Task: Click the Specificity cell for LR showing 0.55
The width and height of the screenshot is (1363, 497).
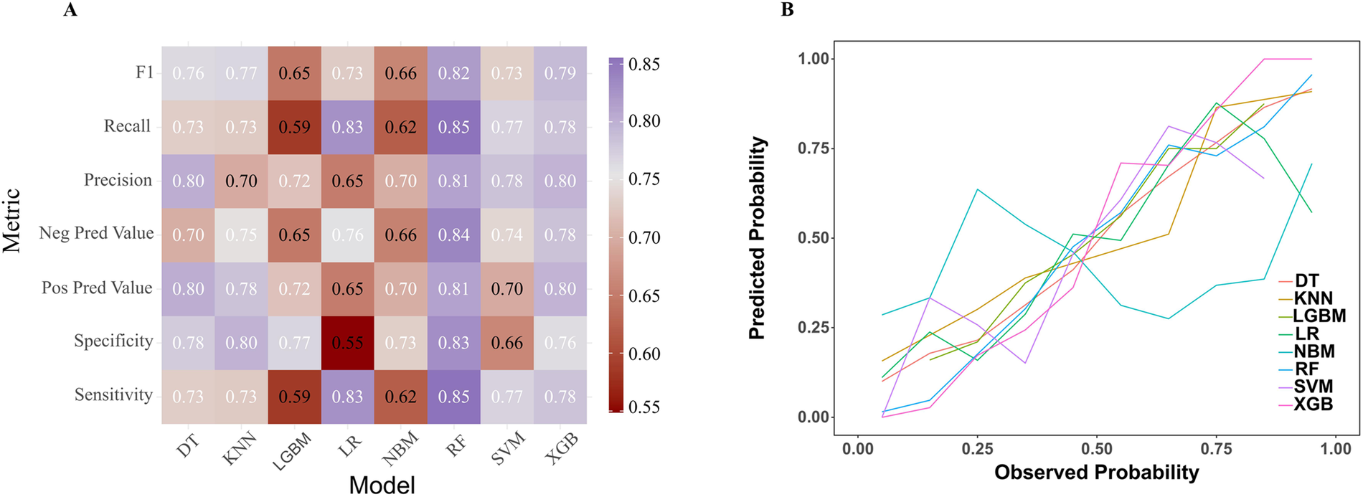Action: coord(347,343)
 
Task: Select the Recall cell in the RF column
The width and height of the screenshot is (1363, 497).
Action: coord(453,127)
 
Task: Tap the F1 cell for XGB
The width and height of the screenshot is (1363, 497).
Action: coord(560,73)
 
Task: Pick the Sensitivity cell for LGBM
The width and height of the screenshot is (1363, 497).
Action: coord(294,397)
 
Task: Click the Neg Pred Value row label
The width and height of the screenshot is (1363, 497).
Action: coord(96,233)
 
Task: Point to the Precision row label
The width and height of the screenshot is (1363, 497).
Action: coord(118,179)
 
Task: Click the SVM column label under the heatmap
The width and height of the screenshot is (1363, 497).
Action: coord(509,449)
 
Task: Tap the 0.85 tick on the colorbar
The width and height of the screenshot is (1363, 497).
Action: coord(643,64)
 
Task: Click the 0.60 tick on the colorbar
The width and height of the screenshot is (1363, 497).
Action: coord(643,354)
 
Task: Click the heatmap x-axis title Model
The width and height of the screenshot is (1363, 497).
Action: coord(382,485)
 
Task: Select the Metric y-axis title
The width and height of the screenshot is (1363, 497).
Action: coord(12,221)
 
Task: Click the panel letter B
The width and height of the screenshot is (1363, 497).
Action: coord(787,10)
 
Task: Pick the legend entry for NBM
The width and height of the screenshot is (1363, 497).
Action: coord(1314,351)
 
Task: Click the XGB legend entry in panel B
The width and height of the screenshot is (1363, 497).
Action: coord(1313,404)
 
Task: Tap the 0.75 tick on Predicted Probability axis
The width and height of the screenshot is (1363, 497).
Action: coord(813,148)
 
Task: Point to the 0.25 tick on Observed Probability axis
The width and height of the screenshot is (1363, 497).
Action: coord(977,449)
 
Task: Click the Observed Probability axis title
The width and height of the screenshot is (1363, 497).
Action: coord(1096,473)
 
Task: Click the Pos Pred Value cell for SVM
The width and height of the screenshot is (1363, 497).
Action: coord(506,289)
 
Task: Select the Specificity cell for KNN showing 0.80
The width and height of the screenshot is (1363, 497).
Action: coord(241,343)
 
